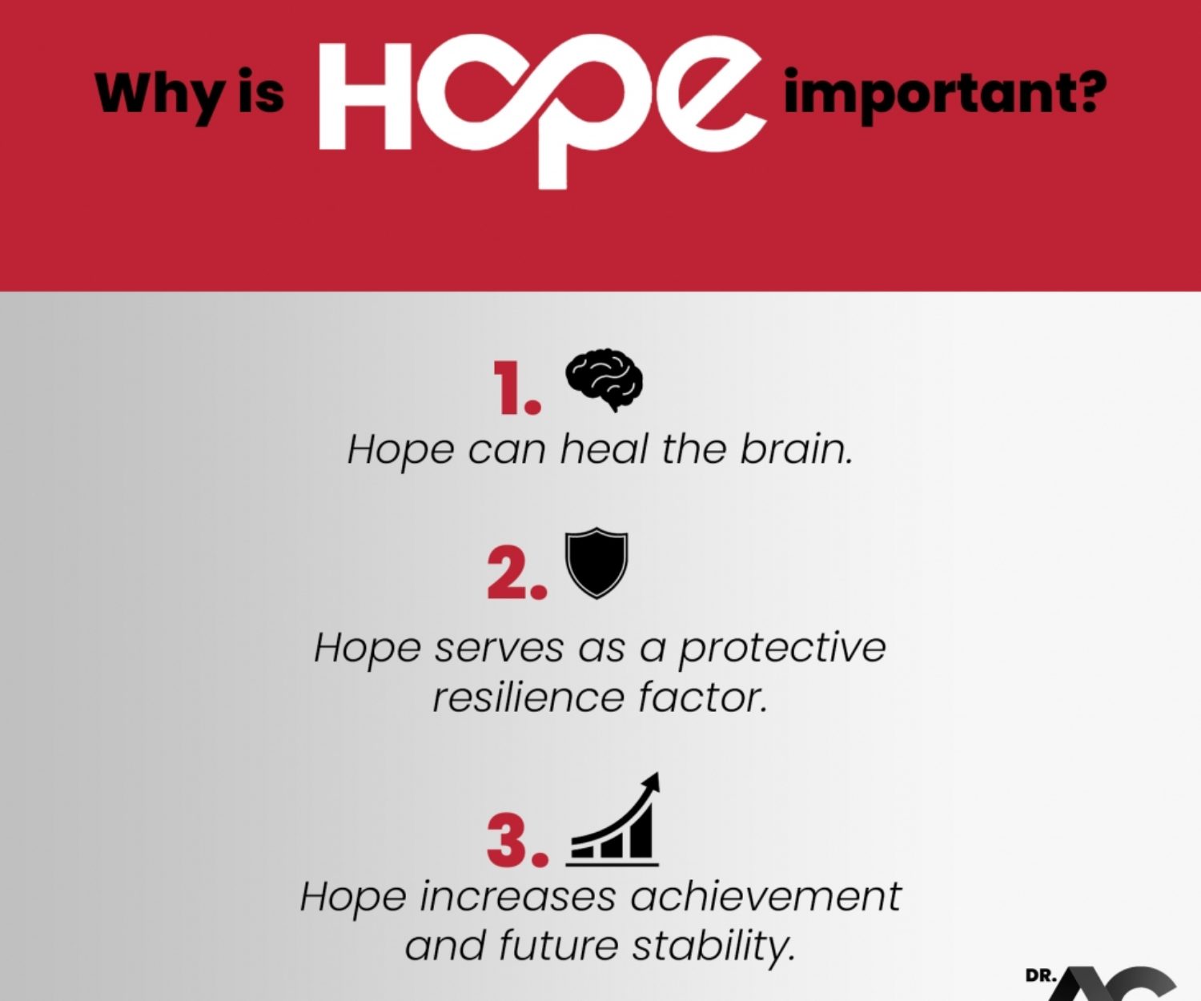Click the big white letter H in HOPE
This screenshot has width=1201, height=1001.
coord(365,96)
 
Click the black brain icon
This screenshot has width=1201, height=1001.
coord(604,379)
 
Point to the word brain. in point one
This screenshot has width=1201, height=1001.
coord(796,448)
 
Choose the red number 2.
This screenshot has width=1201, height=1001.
coord(516,573)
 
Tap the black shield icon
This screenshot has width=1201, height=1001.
coord(596,563)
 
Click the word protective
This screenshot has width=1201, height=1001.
coord(782,649)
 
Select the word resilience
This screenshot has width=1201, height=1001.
coord(528,697)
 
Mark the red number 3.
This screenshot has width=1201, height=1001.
coord(516,841)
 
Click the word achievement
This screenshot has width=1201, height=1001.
coord(765,897)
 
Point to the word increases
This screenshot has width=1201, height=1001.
coord(517,897)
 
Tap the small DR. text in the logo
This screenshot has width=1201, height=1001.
coord(1041,976)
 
